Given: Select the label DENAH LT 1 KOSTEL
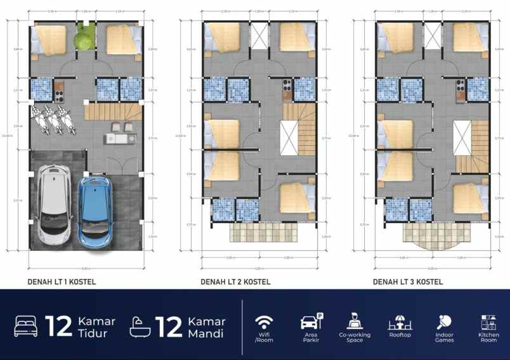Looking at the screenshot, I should click(x=62, y=282).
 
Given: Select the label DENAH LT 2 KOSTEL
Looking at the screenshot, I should click(x=235, y=282).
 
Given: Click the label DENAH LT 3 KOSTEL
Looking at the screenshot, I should click(x=408, y=282).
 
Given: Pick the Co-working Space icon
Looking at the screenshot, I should click(x=355, y=320).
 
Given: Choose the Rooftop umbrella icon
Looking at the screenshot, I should click(x=400, y=321).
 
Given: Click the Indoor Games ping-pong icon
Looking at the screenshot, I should click(x=444, y=321).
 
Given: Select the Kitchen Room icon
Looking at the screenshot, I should click(x=488, y=321).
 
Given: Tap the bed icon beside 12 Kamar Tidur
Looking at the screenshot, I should click(x=27, y=326).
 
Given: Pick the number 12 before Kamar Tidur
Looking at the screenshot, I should click(x=58, y=326).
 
